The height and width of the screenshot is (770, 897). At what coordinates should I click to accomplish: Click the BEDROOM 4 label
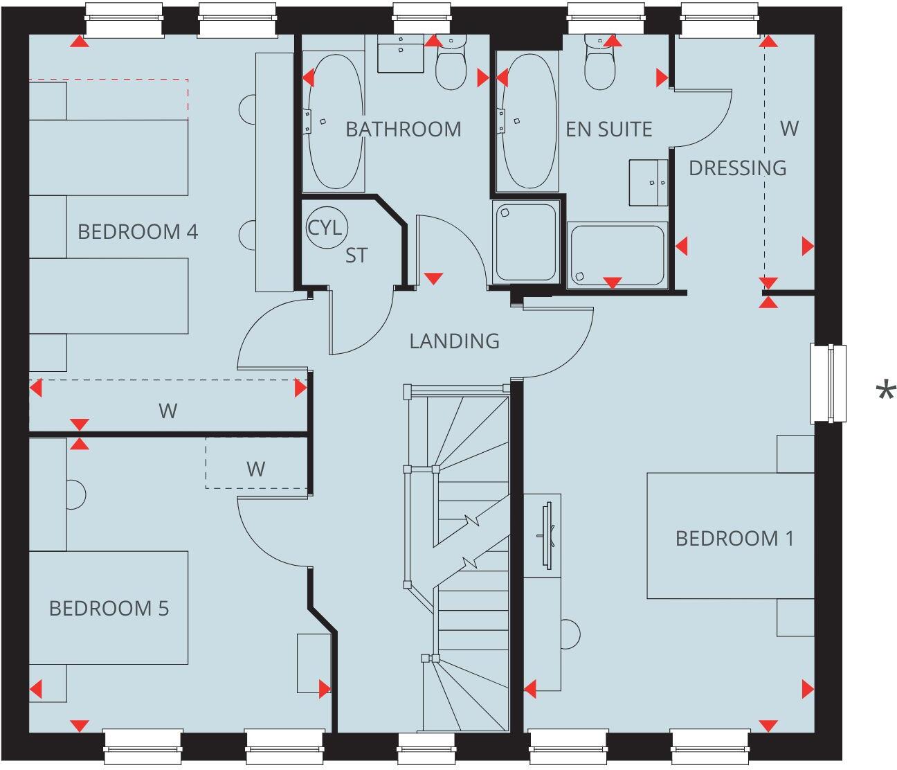[x=138, y=231]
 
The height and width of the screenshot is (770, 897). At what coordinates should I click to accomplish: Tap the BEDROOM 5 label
[x=109, y=609]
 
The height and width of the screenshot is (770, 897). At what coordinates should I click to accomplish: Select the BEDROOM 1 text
[x=734, y=538]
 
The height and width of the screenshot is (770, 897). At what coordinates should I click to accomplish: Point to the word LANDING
[x=454, y=341]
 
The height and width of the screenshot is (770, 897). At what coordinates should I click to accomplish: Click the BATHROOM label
[x=403, y=129]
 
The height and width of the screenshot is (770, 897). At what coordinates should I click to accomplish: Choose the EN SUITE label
[x=608, y=129]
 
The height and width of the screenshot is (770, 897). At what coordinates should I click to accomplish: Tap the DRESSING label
[x=737, y=168]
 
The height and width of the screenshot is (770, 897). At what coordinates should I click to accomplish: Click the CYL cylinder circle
[x=325, y=227]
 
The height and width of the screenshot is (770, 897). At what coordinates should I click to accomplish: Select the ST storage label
[x=356, y=256]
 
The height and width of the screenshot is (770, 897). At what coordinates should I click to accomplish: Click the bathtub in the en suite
[x=527, y=123]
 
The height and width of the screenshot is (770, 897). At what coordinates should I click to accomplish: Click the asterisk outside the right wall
[x=885, y=393]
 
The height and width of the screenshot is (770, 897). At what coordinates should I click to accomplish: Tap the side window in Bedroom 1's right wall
[x=828, y=383]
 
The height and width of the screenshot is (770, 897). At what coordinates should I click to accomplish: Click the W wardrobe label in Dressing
[x=789, y=128]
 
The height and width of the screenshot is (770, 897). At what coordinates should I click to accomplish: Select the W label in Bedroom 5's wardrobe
[x=255, y=469]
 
